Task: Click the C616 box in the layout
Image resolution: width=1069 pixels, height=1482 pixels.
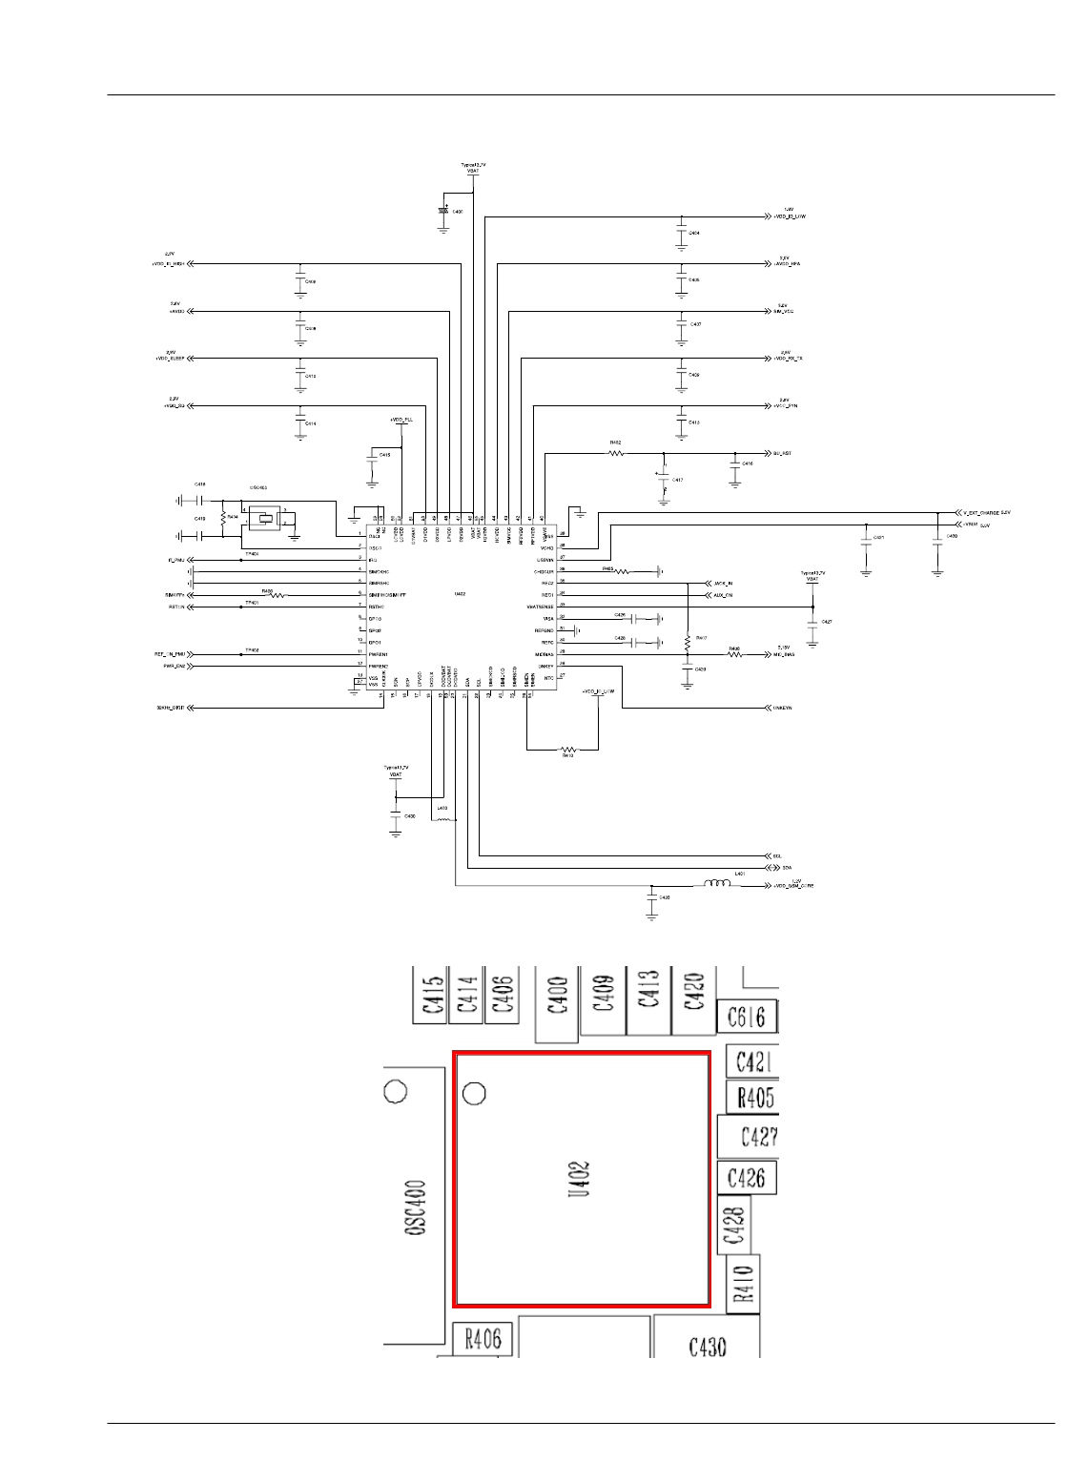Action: point(746,1017)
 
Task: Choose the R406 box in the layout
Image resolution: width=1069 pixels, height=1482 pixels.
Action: point(483,1340)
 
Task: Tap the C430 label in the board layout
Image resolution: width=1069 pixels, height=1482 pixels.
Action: point(707,1347)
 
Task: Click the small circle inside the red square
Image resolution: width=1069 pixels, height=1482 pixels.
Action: point(474,1092)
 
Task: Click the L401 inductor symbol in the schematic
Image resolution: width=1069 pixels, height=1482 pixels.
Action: point(718,884)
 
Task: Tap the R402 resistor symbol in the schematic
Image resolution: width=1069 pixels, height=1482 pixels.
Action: point(616,454)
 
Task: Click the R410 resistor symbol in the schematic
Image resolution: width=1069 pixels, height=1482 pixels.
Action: point(567,750)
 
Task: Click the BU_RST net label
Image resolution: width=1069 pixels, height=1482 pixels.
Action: point(782,454)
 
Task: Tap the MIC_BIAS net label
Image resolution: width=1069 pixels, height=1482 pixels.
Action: point(784,655)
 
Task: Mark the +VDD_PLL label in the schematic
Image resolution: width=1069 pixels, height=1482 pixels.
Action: point(401,420)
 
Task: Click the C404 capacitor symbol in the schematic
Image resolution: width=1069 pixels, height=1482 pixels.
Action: point(681,233)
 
